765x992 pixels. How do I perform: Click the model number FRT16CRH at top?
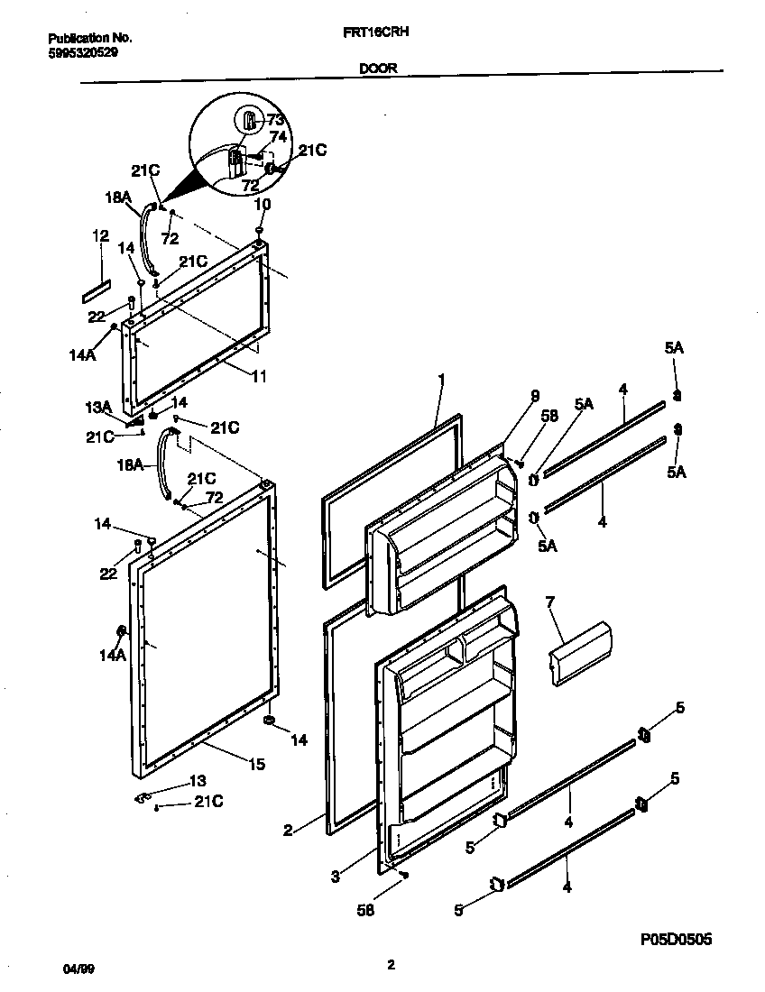pyautogui.click(x=390, y=40)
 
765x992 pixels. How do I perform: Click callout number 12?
pyautogui.click(x=99, y=236)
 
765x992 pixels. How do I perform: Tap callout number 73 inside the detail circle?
pyautogui.click(x=275, y=120)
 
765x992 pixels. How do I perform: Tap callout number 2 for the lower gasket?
pyautogui.click(x=287, y=831)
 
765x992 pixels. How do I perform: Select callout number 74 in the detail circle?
pyautogui.click(x=279, y=136)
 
